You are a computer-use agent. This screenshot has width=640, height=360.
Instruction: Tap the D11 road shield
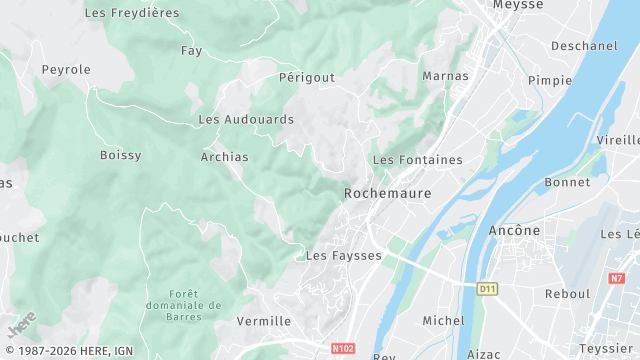coord(487,289)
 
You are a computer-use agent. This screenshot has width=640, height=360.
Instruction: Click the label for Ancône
coord(514,231)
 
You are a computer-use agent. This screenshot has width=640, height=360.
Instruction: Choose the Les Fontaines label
coord(417,160)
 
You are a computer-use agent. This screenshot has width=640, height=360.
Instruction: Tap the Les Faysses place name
coord(344,256)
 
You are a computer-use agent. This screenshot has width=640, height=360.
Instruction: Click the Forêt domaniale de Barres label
coord(196,304)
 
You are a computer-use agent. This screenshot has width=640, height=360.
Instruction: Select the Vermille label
coord(264,322)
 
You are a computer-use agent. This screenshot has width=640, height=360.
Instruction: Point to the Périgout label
coord(306,77)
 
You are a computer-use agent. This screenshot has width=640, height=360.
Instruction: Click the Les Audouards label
coord(246,119)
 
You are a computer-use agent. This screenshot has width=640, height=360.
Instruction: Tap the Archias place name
coord(224,157)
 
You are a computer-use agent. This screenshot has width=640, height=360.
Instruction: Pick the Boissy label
coord(121,155)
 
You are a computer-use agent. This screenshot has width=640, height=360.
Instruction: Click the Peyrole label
coord(66,70)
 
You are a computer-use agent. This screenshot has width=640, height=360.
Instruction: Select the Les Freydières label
coord(132,13)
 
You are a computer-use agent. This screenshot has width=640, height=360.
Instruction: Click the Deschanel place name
coord(585,46)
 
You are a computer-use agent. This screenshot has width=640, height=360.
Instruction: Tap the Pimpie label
coord(549,81)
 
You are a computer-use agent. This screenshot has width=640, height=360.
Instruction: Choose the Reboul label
coord(567,294)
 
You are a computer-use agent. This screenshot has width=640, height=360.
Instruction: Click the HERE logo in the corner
coord(22,325)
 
